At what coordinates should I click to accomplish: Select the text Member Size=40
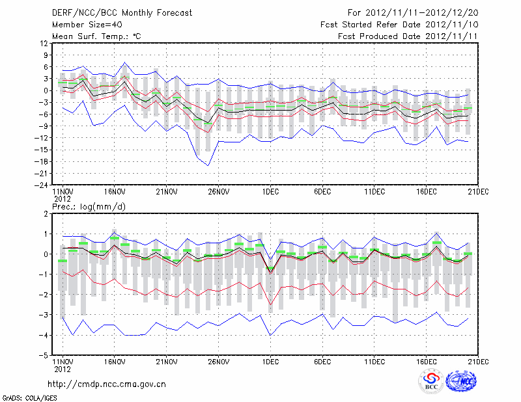click(x=87, y=24)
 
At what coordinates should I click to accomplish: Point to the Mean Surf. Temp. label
click(x=96, y=36)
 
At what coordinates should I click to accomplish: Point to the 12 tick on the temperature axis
click(x=44, y=43)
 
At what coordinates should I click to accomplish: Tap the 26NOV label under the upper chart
click(x=219, y=192)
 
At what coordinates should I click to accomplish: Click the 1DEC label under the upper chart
click(x=270, y=192)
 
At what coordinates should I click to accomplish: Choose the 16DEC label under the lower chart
click(x=427, y=362)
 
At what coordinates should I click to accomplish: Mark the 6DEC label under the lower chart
click(x=322, y=362)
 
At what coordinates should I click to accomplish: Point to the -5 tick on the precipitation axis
click(x=44, y=356)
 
